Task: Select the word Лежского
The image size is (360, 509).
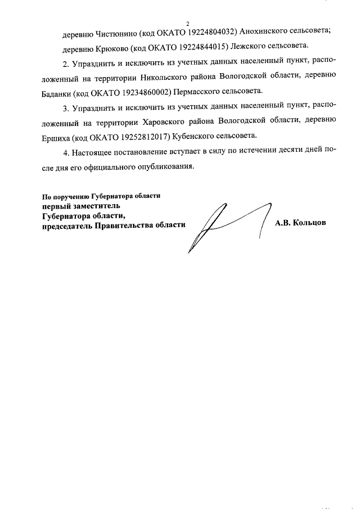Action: (x=249, y=46)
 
